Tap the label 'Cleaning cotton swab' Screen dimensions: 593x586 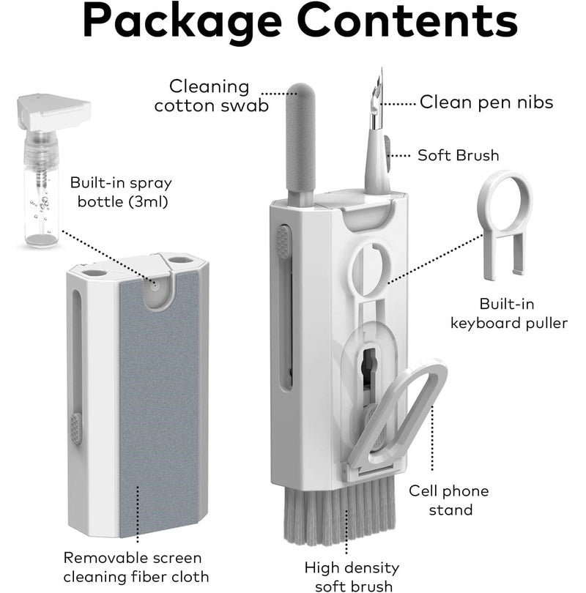pos(210,96)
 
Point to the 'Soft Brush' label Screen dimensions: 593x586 pos(458,155)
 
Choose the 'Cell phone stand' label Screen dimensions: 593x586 pos(448,500)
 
